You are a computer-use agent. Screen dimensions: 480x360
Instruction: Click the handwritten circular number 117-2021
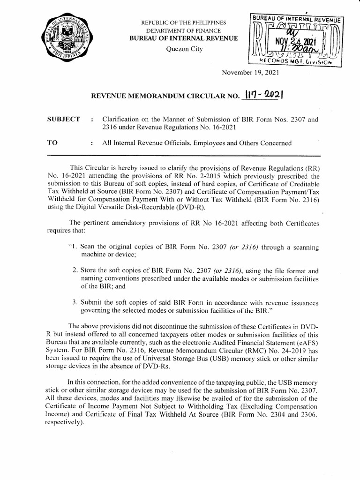click(265, 95)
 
